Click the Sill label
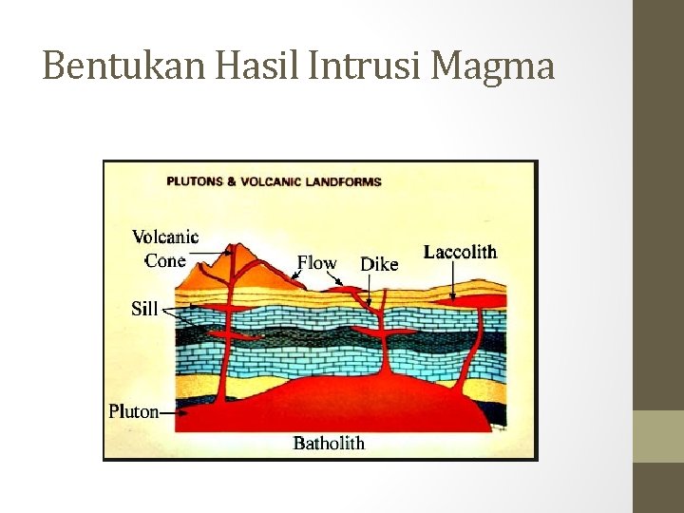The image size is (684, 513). click(143, 309)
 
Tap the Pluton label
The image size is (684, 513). click(133, 411)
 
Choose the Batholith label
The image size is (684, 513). click(329, 443)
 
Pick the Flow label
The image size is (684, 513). click(316, 263)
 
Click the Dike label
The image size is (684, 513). click(379, 264)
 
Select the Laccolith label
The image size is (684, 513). click(460, 252)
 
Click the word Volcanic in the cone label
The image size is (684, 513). click(165, 237)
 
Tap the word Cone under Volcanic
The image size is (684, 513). click(164, 260)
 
